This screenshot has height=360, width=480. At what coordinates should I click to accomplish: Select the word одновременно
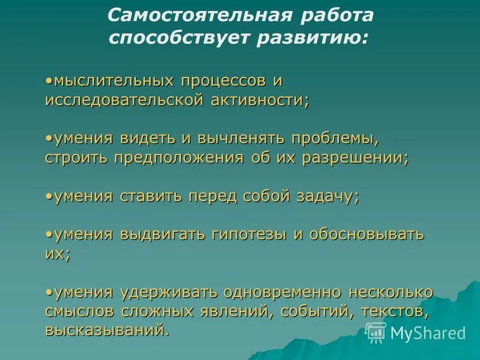point(283,292)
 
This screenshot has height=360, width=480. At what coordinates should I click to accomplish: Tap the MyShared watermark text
point(427,332)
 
